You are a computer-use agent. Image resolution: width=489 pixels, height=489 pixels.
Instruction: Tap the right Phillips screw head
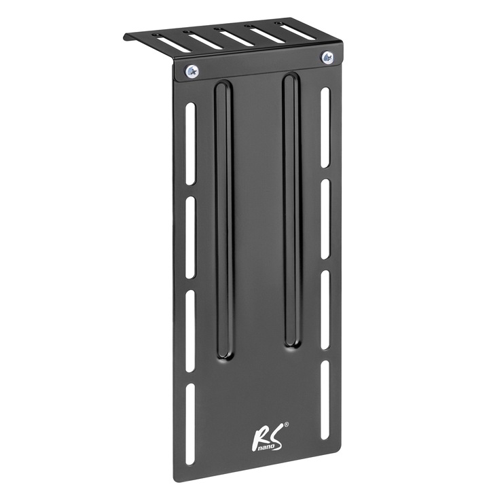click(x=327, y=57)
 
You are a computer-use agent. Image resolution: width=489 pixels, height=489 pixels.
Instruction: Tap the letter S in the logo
click(x=275, y=435)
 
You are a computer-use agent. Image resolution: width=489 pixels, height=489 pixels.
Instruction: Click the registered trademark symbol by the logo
click(x=286, y=425)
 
